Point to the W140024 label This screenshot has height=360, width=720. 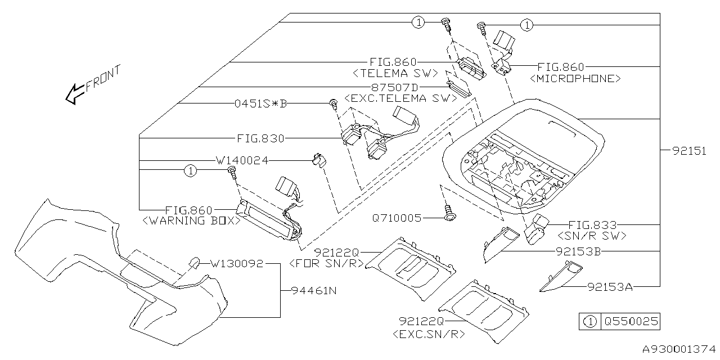coord(242,160)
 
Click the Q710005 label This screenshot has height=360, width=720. coord(397,218)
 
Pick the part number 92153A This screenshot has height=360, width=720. coord(610,287)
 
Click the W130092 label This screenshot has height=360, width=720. coord(237,263)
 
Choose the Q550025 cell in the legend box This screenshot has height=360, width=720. coord(630,322)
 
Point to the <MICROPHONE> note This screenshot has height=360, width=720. coord(575,79)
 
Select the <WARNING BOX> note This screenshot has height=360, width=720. coord(191,221)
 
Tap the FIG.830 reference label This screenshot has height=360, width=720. coord(260,138)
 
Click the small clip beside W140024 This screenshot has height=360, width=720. coord(318,161)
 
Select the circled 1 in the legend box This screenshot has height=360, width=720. coord(589,322)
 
